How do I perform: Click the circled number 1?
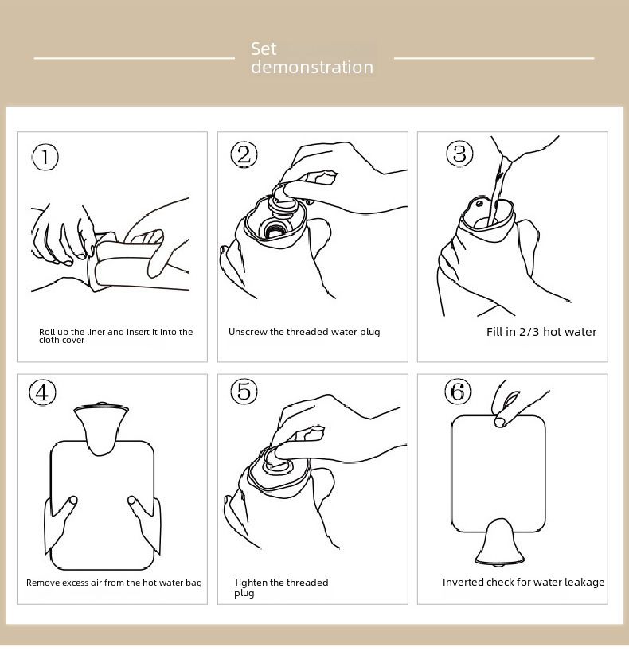45,157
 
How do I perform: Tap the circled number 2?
244,154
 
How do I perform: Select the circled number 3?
459,154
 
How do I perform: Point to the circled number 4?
42,392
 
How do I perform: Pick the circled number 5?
244,392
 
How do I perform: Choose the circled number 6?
458,392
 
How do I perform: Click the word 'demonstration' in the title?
312,67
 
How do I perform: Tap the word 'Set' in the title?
264,49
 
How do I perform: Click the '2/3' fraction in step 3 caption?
529,332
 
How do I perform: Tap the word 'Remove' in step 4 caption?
40,583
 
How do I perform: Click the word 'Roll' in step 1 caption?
47,332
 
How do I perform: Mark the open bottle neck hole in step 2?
275,230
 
